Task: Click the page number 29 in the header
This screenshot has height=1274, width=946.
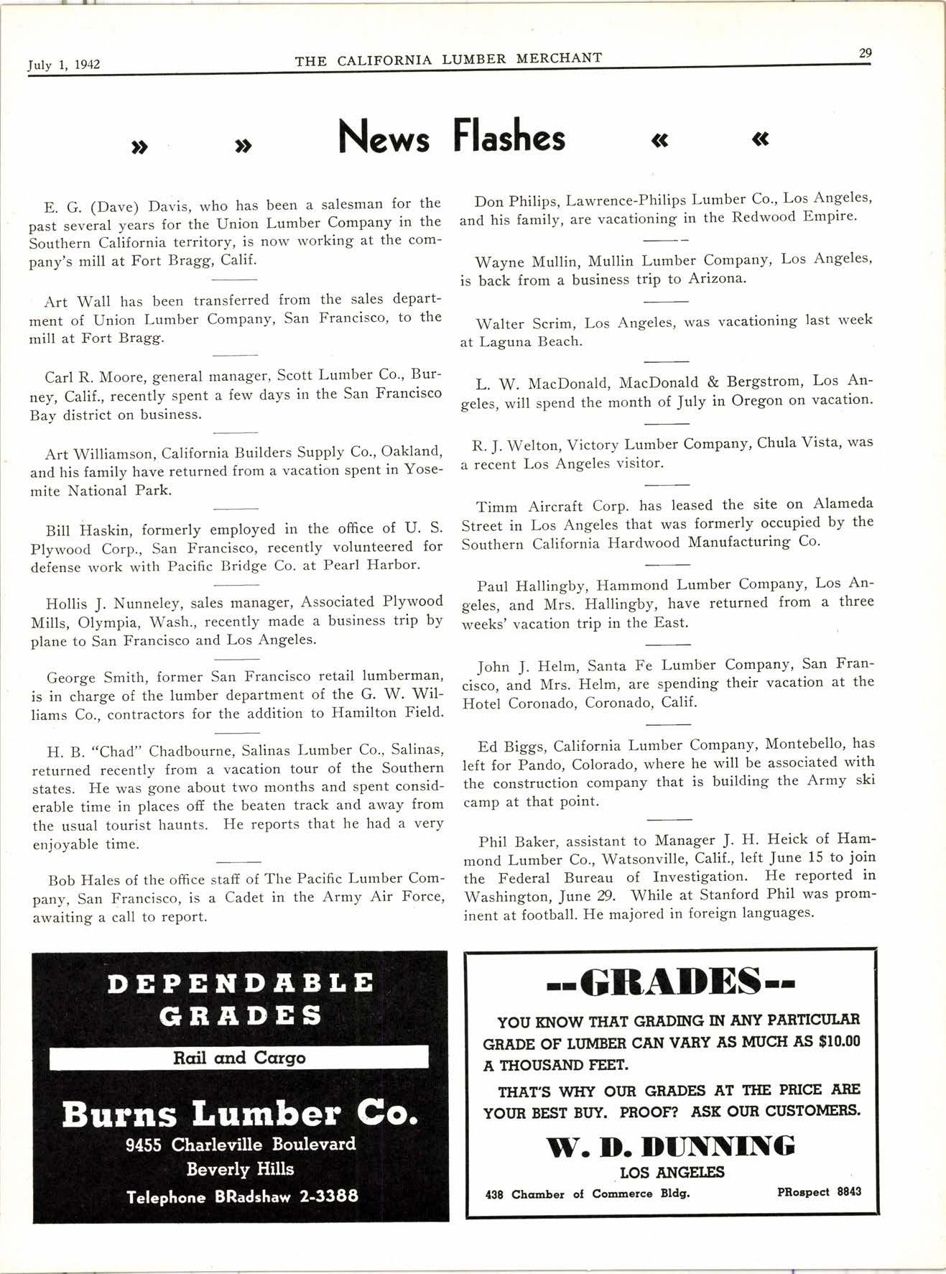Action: (864, 52)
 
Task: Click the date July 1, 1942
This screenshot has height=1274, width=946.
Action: (63, 65)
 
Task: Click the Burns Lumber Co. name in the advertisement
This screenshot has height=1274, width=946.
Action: (239, 1114)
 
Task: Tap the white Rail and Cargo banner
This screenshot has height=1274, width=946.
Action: (238, 1058)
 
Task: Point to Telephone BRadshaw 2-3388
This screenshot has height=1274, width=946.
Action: (242, 1196)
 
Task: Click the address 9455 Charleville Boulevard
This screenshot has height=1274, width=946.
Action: (241, 1144)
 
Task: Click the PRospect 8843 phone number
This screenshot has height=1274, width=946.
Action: (819, 1191)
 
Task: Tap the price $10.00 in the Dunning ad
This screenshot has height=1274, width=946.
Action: (838, 1042)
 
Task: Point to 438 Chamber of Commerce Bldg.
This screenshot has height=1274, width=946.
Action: (588, 1194)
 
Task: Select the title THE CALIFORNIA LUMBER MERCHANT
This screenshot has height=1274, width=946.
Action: (448, 59)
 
